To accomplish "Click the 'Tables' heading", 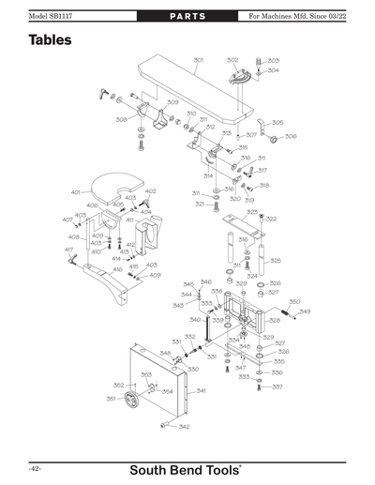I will click(50, 41).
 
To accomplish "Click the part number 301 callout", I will click(199, 60).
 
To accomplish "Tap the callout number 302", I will click(232, 60).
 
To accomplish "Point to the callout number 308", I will click(121, 119).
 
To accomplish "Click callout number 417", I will click(68, 250).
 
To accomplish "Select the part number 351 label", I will click(111, 399).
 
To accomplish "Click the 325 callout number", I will click(276, 260).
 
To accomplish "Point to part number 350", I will click(294, 302).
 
